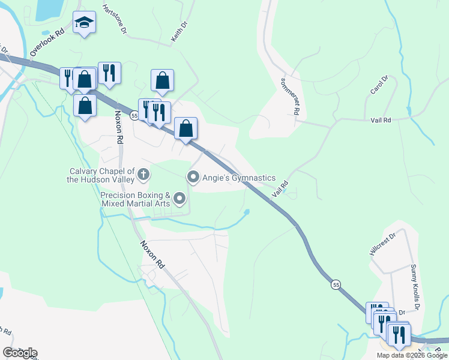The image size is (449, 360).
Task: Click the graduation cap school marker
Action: click(x=85, y=23)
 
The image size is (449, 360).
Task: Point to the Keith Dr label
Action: click(x=179, y=32)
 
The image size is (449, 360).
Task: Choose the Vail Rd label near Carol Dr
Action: click(x=381, y=120)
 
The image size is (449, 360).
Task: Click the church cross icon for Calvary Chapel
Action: click(x=143, y=175)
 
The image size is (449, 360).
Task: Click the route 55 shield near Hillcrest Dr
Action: click(x=336, y=284)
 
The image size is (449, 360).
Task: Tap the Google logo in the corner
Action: click(x=20, y=352)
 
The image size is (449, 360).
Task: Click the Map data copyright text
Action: click(x=412, y=355)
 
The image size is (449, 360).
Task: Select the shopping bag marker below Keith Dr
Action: click(x=162, y=80)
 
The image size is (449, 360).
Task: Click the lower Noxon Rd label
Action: click(x=152, y=254)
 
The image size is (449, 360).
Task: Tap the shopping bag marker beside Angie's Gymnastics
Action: click(x=186, y=128)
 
